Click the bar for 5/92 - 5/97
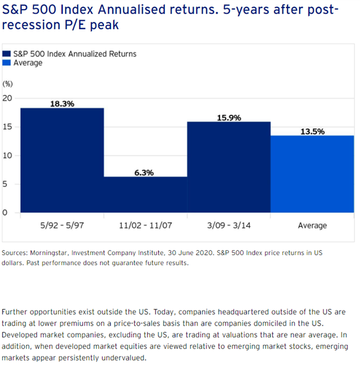tap(62, 160)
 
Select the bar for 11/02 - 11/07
tap(145, 195)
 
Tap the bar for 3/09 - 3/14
tap(228, 167)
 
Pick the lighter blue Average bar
tap(312, 174)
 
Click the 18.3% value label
tap(62, 103)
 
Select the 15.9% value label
tap(228, 118)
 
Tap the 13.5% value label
tap(312, 131)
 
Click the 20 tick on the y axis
tap(8, 98)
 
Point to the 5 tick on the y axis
tap(6, 184)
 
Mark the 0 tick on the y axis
tap(6, 213)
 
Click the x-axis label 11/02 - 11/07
tap(145, 226)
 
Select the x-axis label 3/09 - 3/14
tap(228, 226)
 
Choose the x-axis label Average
tap(312, 226)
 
